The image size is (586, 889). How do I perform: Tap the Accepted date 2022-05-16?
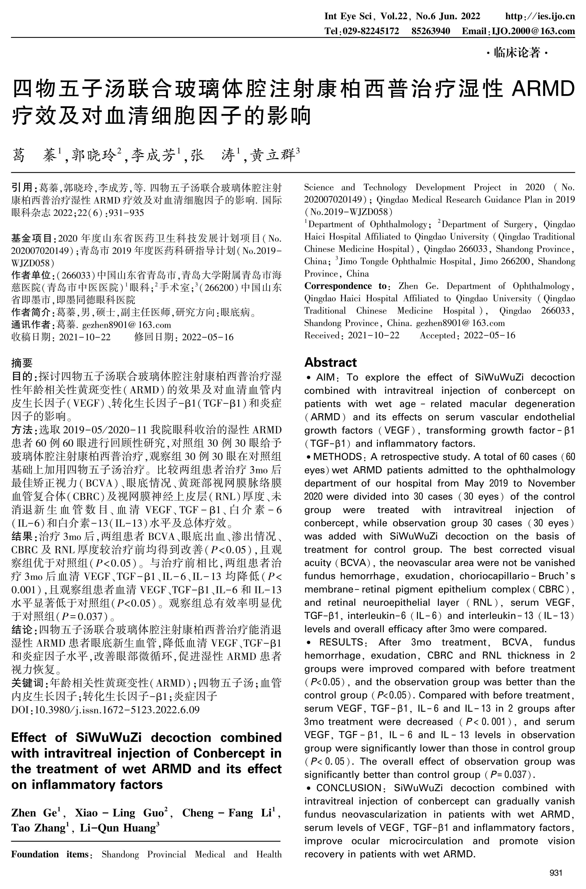click(x=489, y=335)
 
